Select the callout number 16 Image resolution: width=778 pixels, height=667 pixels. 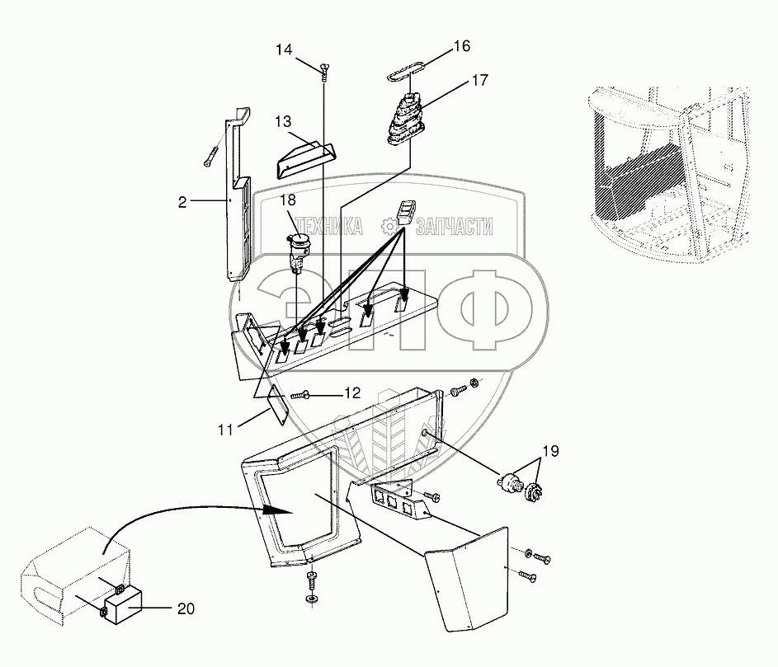point(461,45)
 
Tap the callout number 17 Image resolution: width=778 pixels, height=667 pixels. point(479,80)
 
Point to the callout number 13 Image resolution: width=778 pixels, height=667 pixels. point(283,122)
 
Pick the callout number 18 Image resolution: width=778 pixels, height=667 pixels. point(286,200)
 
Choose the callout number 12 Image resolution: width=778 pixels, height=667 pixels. point(351,393)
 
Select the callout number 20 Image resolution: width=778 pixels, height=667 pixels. point(186,608)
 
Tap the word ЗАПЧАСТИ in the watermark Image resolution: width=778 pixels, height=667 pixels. point(455,227)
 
